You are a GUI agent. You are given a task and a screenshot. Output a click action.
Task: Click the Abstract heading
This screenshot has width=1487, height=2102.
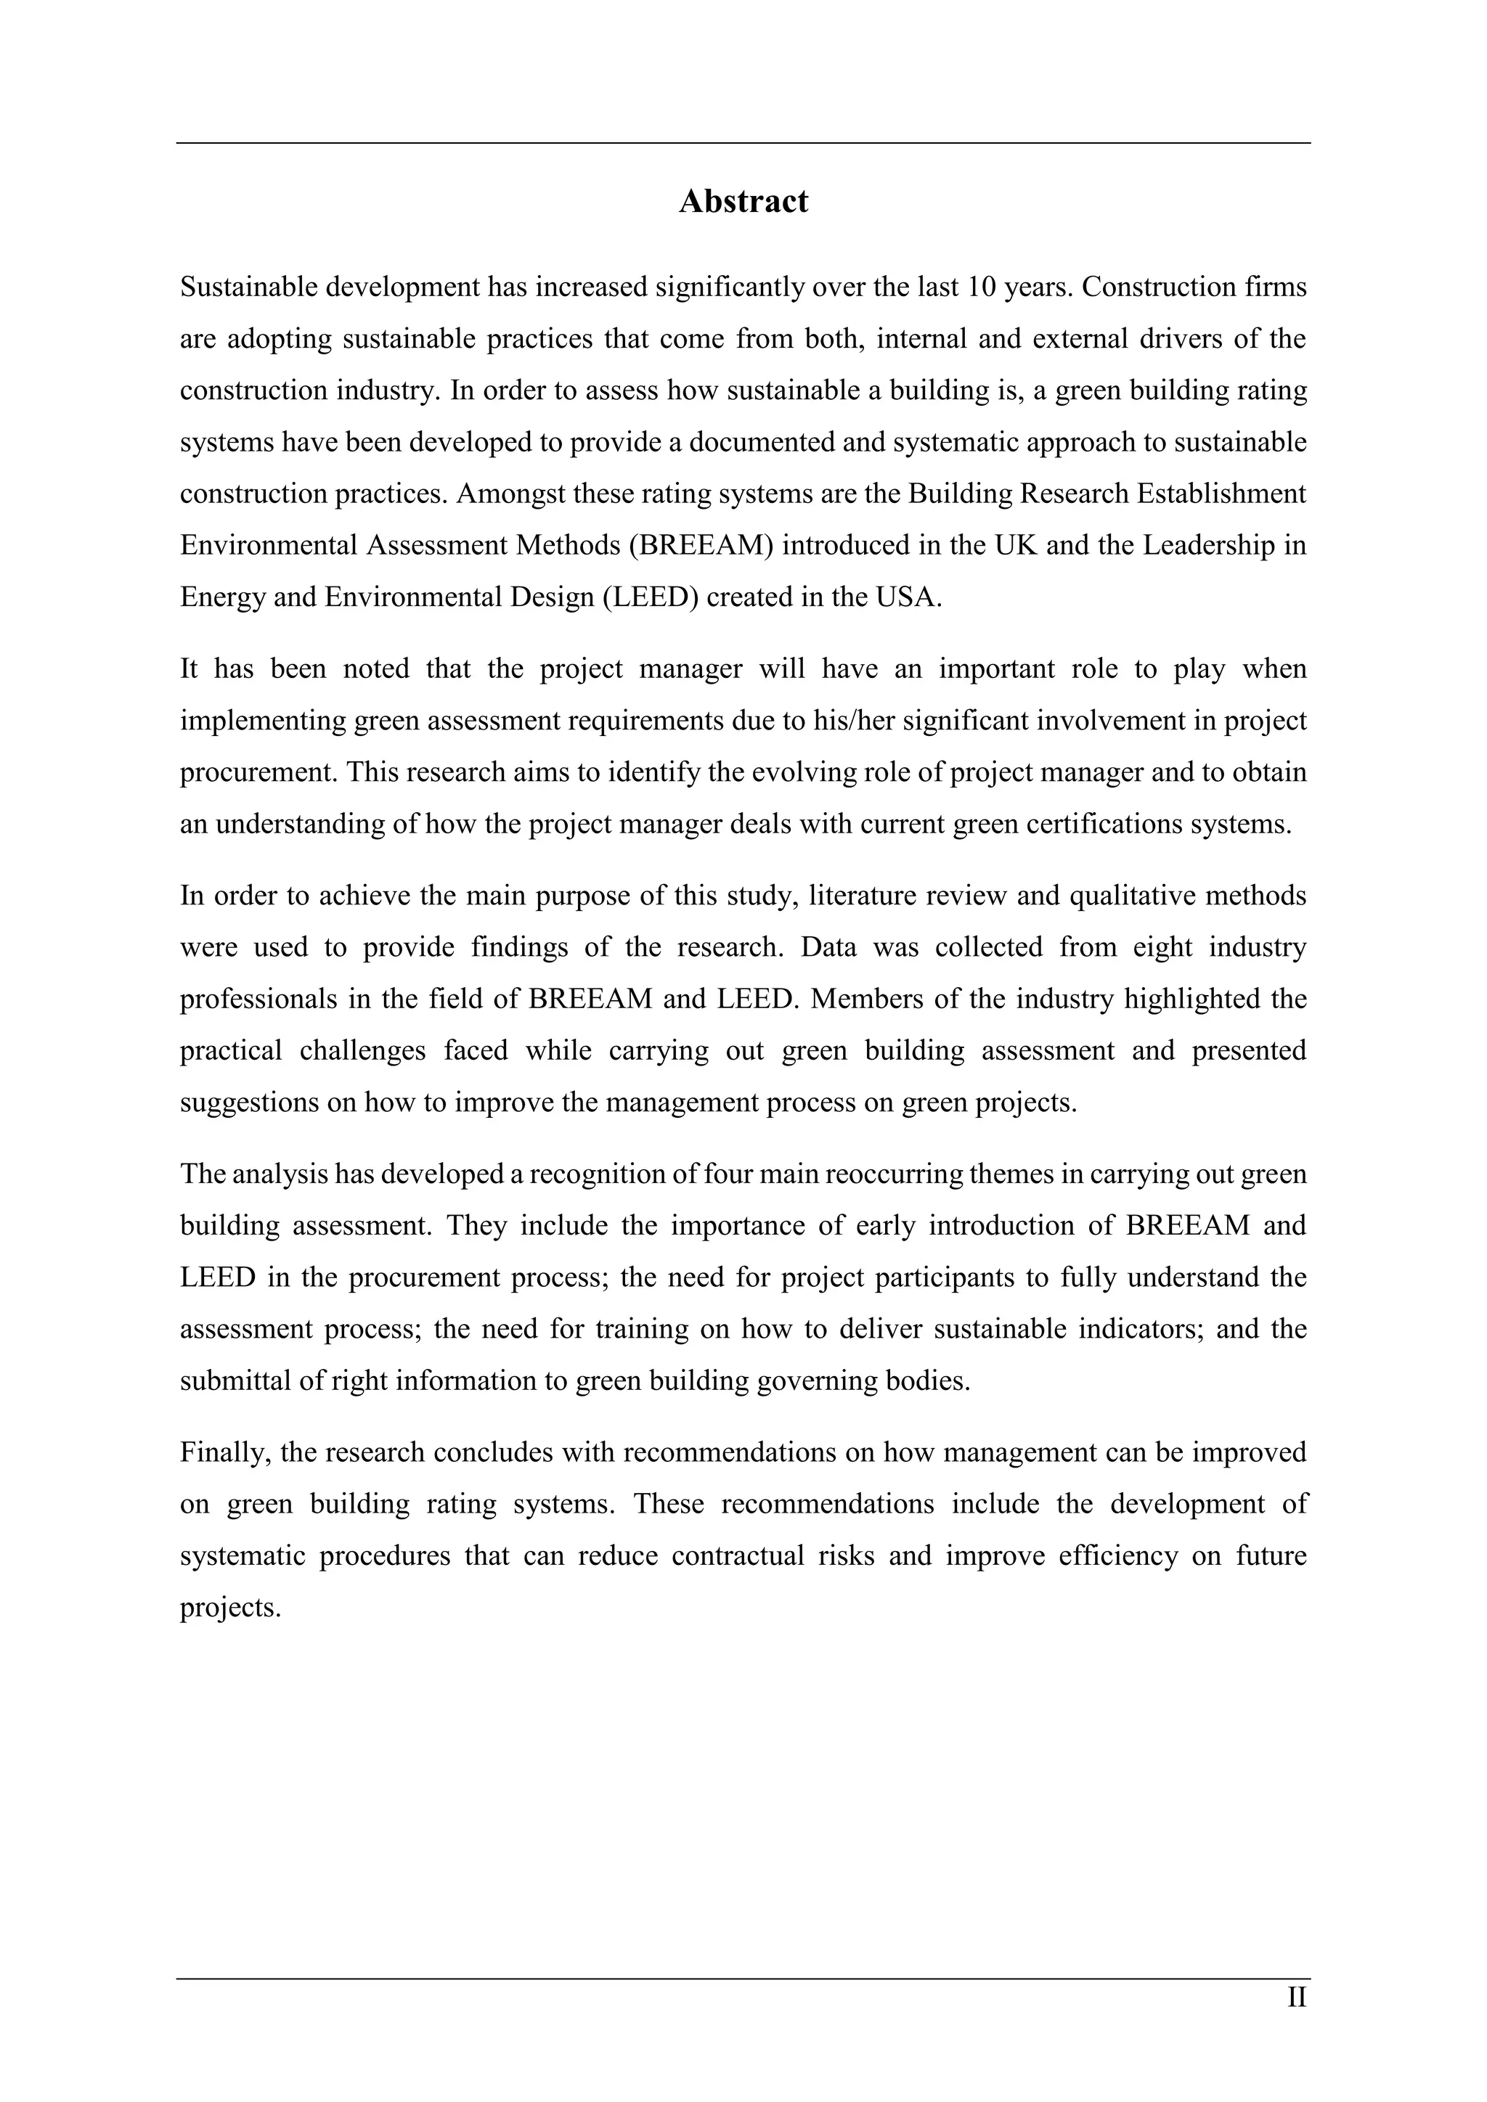(x=743, y=201)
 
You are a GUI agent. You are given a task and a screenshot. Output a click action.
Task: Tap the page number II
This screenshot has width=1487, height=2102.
(x=1297, y=1997)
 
